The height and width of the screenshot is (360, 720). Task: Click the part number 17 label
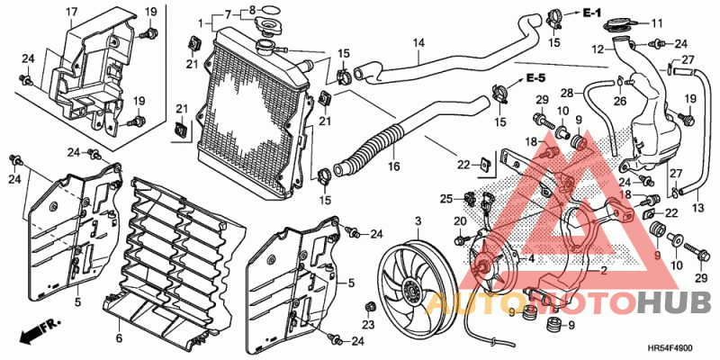(71, 12)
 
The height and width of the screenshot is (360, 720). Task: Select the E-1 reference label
(592, 13)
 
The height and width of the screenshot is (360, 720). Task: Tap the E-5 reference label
(535, 78)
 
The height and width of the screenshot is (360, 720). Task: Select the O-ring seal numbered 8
(269, 9)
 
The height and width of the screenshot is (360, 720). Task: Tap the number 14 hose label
(418, 43)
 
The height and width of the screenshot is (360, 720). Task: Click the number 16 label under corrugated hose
(393, 166)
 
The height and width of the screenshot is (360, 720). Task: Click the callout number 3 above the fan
(418, 221)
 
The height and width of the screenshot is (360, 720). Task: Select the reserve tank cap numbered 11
(619, 22)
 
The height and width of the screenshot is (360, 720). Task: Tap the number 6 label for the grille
(119, 338)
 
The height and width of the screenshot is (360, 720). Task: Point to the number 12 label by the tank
(597, 49)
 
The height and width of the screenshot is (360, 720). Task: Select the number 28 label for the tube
(567, 94)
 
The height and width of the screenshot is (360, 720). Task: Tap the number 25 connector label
(446, 199)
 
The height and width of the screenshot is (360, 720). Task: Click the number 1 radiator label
(200, 23)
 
